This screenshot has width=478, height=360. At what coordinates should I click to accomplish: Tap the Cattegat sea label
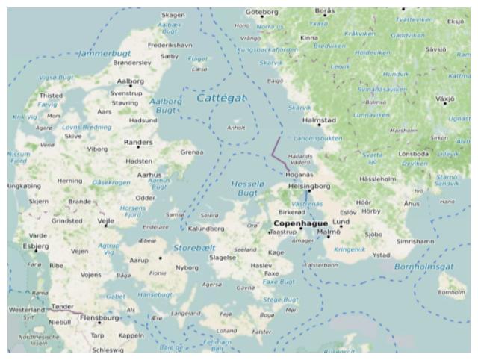(x=220, y=98)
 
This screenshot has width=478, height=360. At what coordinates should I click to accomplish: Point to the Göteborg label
(x=261, y=12)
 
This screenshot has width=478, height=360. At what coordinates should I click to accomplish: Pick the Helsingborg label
(x=309, y=186)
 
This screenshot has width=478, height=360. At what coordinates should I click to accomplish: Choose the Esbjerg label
(x=36, y=245)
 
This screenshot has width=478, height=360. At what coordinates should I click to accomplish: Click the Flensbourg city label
(x=99, y=317)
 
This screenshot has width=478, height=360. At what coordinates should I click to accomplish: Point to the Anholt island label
(x=236, y=127)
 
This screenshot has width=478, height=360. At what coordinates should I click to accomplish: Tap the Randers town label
(x=138, y=141)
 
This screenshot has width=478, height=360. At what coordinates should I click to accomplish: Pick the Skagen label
(x=173, y=14)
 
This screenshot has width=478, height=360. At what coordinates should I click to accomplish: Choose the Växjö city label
(x=444, y=98)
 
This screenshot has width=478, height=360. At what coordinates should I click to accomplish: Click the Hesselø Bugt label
(x=248, y=187)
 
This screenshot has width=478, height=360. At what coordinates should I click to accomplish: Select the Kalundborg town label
(x=207, y=229)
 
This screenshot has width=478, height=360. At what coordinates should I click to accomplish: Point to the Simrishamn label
(x=415, y=242)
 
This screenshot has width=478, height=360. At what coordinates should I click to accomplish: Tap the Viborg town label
(x=98, y=149)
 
